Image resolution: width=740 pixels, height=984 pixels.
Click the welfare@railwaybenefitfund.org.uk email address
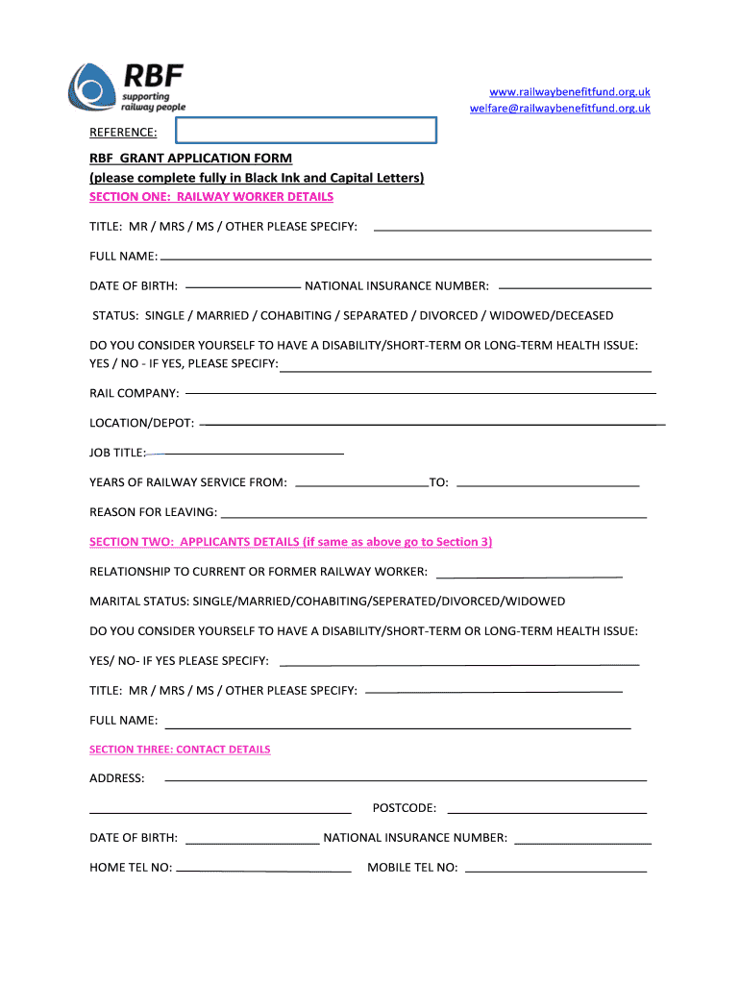[559, 109]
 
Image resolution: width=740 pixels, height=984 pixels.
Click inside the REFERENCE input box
[306, 132]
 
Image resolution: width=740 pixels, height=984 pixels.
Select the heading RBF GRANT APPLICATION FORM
[190, 159]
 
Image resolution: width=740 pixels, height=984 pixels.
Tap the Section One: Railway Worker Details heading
[211, 197]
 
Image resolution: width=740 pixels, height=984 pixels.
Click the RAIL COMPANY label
[134, 394]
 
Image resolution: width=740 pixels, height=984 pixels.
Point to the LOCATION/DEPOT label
[141, 424]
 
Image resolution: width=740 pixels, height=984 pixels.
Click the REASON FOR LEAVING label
[153, 512]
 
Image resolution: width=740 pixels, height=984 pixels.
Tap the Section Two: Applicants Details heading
[290, 542]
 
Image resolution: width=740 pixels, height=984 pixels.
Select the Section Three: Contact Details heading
[180, 750]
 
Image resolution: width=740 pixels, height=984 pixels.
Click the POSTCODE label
[404, 809]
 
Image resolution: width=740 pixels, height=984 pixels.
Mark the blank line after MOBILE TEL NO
[555, 871]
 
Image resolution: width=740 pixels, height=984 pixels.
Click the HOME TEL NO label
[131, 868]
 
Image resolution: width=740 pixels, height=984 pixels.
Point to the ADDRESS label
[117, 778]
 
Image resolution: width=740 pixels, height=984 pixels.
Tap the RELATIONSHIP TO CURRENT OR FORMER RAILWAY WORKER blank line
[530, 576]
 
